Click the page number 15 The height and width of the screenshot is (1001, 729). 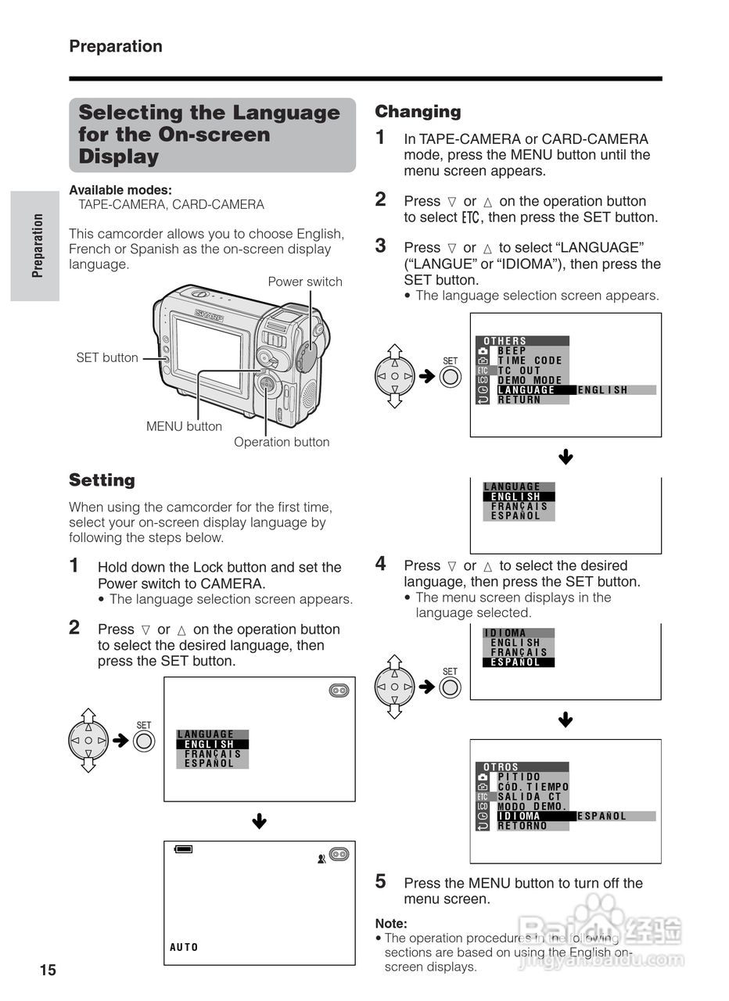(x=48, y=971)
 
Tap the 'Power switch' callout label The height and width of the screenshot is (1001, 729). (x=305, y=282)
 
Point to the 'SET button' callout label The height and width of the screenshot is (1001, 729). (x=107, y=357)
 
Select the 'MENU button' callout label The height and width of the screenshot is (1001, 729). (x=184, y=426)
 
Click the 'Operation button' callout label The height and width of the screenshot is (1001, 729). (x=282, y=442)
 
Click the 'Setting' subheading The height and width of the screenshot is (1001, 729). (x=102, y=479)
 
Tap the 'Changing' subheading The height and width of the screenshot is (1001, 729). (x=418, y=111)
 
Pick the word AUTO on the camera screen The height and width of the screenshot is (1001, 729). (x=185, y=947)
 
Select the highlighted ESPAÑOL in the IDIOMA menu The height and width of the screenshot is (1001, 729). (x=515, y=662)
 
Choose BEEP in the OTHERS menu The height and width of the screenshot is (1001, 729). (x=512, y=351)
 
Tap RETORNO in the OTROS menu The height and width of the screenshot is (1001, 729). (x=523, y=826)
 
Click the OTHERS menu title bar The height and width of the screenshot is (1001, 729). (x=522, y=341)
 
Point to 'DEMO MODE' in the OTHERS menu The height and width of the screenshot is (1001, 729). (x=530, y=380)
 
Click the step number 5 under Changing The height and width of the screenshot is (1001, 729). (x=381, y=881)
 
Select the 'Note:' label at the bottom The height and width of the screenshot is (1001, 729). (x=391, y=924)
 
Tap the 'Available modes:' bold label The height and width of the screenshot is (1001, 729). (x=120, y=190)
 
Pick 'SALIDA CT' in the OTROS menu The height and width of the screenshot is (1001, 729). (x=530, y=796)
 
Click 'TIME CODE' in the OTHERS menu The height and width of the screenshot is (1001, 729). (x=530, y=361)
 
